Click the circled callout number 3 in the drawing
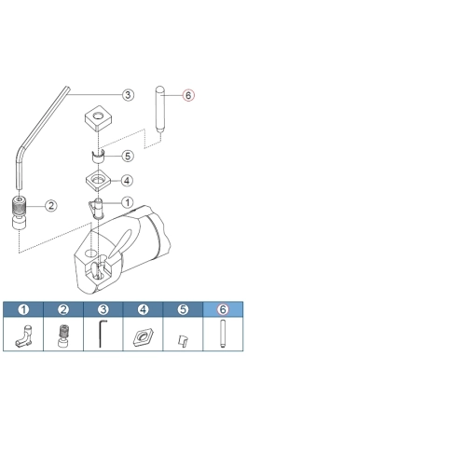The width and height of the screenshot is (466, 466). (x=128, y=95)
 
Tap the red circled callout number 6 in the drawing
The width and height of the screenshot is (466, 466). (x=188, y=95)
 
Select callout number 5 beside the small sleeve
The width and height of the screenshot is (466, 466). (x=128, y=156)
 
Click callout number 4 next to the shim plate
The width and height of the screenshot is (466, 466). (x=127, y=181)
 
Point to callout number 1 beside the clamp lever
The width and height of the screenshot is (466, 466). (x=128, y=202)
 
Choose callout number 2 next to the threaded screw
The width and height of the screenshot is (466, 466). (x=51, y=205)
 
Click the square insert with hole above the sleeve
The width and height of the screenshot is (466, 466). (x=99, y=118)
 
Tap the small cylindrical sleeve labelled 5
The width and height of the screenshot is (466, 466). (x=99, y=157)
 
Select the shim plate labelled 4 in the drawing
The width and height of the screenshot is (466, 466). (x=99, y=181)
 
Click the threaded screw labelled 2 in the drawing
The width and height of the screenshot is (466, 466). (x=20, y=206)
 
